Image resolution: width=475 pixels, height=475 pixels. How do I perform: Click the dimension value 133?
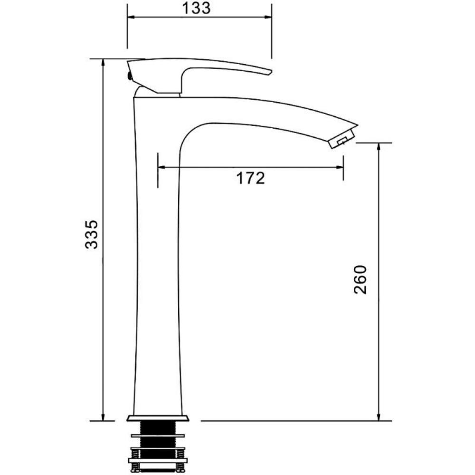pyautogui.click(x=196, y=8)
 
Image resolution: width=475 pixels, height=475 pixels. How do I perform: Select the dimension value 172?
pyautogui.click(x=250, y=178)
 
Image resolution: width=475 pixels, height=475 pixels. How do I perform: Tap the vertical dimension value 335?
pyautogui.click(x=92, y=235)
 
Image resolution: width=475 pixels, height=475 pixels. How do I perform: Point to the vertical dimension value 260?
pyautogui.click(x=360, y=279)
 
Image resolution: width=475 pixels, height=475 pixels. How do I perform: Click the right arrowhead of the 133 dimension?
pyautogui.click(x=268, y=17)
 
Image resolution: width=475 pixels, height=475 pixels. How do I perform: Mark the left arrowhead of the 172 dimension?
pyautogui.click(x=161, y=167)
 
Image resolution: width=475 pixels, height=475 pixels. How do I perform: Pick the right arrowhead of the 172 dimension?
pyautogui.click(x=339, y=167)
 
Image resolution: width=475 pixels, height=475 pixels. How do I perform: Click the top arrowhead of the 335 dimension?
pyautogui.click(x=103, y=63)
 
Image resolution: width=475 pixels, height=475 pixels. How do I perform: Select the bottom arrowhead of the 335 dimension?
pyautogui.click(x=103, y=417)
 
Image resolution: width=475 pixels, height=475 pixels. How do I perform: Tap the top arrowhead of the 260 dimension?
pyautogui.click(x=379, y=147)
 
